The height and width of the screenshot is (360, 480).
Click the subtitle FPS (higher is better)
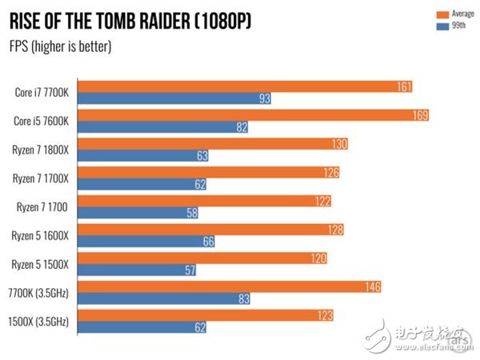point(61,46)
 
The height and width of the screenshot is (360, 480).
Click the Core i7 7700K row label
point(42,93)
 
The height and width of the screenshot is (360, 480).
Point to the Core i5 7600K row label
point(42,121)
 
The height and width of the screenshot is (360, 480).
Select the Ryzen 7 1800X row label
point(42,149)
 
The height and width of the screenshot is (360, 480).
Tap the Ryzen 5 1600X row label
point(42,235)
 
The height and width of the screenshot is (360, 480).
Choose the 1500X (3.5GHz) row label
point(40,321)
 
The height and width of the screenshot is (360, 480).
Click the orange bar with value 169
point(254,114)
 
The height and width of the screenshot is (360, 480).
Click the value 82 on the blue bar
point(240,127)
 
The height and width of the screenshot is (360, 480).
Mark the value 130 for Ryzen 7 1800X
point(339,143)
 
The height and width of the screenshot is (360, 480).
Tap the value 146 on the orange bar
point(371,286)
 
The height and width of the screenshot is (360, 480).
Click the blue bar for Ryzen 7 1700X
point(142,185)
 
